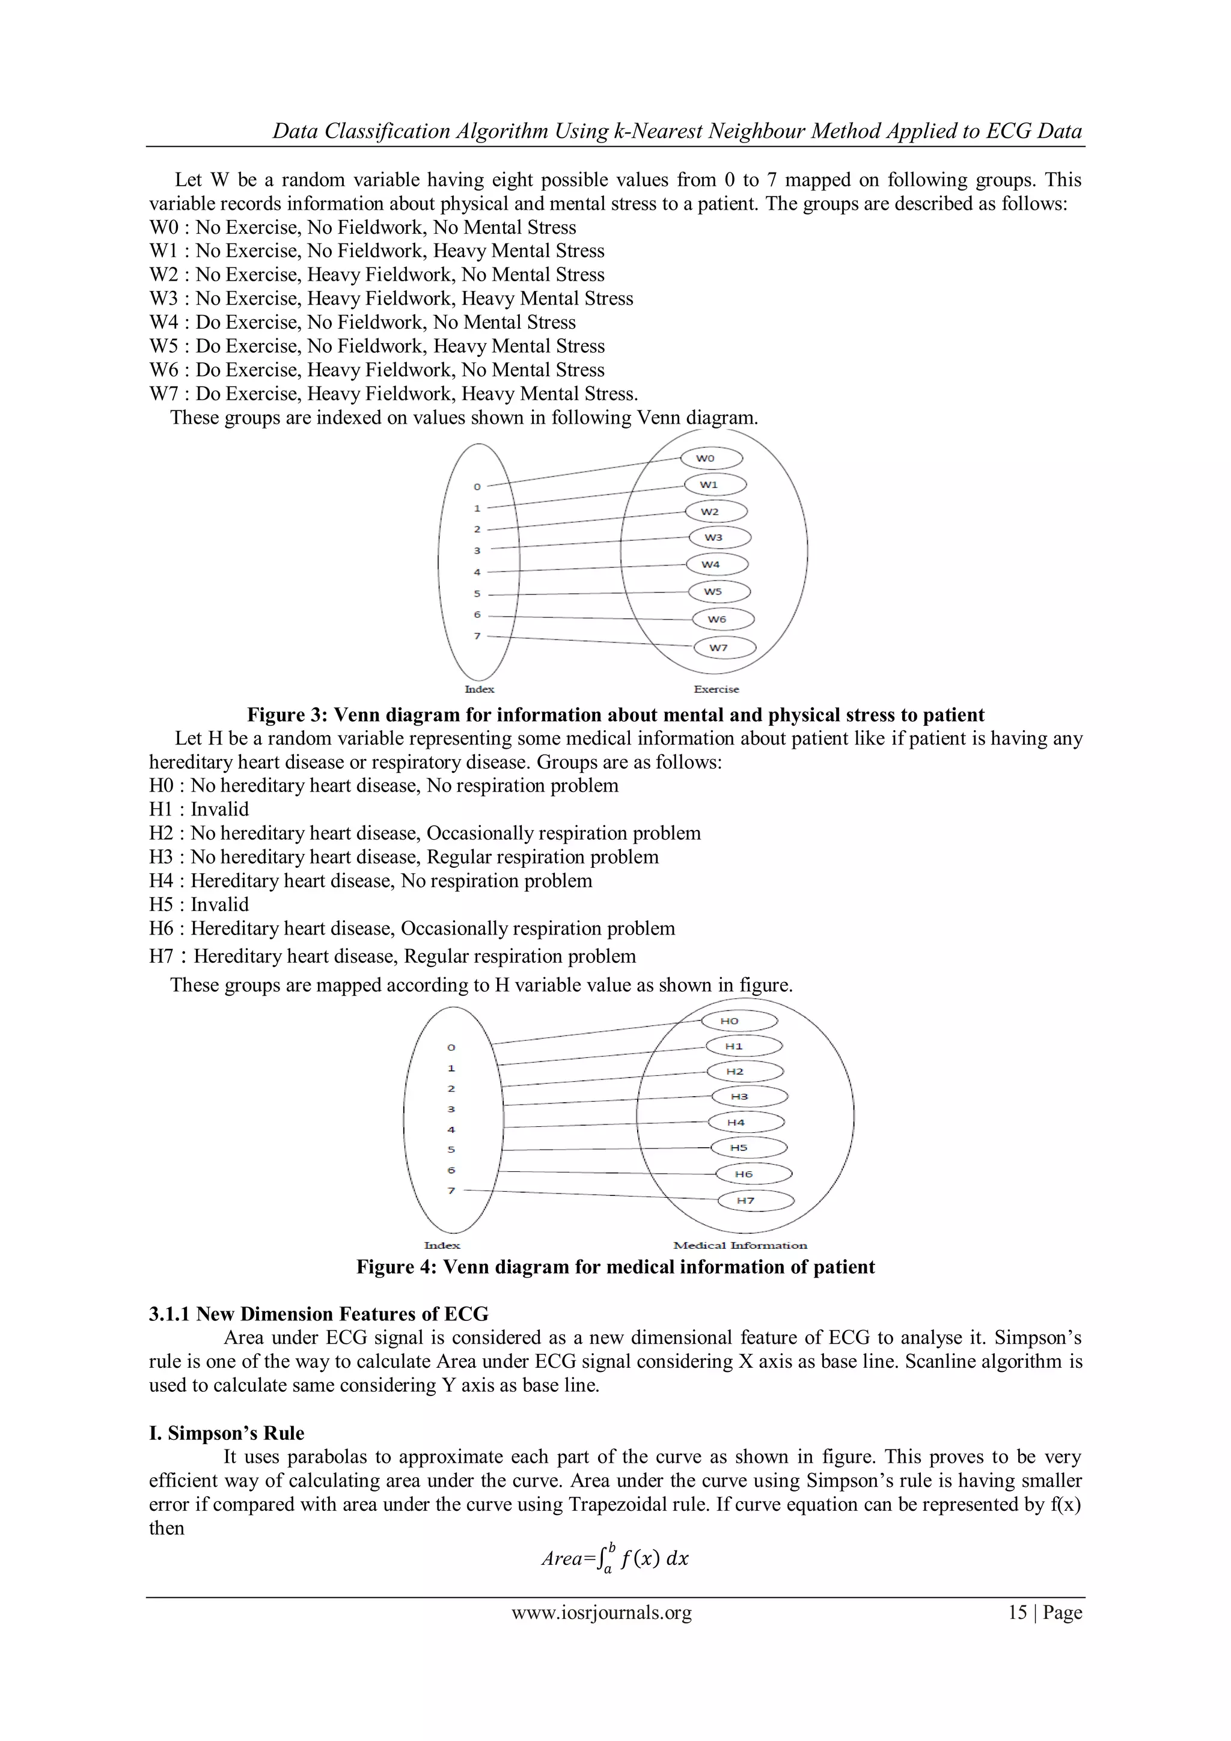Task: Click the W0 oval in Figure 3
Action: coord(710,458)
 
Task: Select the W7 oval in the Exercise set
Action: coord(724,648)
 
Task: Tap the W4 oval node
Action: coord(716,564)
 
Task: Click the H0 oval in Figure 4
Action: coord(738,1020)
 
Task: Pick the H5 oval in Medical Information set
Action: coord(748,1147)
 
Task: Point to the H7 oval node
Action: coord(755,1200)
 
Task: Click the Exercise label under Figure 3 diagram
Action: coord(715,689)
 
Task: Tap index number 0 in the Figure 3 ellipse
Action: coord(477,486)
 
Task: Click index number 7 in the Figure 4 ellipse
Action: coord(451,1190)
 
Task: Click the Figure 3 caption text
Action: coord(615,715)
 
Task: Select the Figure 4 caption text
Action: coord(615,1267)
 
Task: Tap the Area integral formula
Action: coord(614,1558)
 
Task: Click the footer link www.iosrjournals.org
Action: coord(602,1612)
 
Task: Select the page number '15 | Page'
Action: coord(1045,1612)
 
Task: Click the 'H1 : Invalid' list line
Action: coord(199,809)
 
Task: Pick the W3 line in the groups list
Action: coord(391,298)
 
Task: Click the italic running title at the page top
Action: coord(677,131)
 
